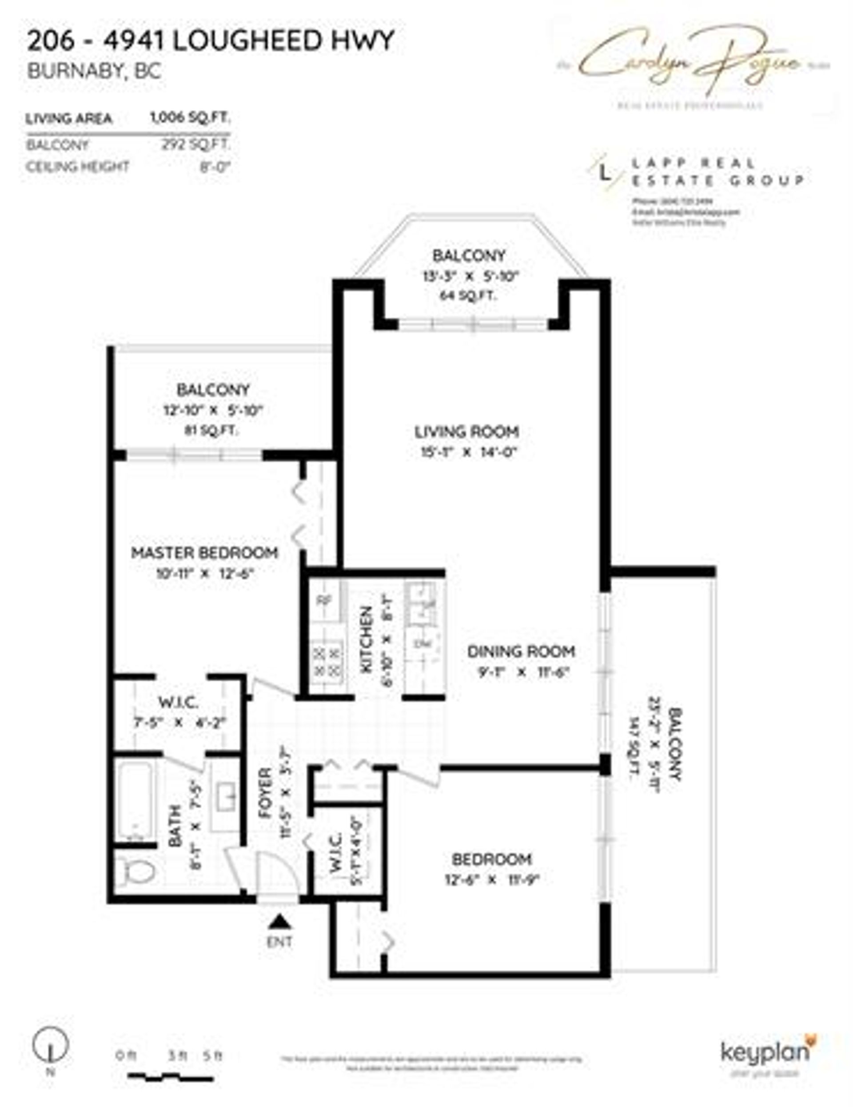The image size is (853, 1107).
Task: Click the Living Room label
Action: tap(466, 432)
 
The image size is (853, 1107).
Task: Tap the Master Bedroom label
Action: tap(204, 552)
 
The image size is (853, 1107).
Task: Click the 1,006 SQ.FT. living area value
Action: tap(190, 119)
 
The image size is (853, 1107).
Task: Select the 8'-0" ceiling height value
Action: tap(215, 166)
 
